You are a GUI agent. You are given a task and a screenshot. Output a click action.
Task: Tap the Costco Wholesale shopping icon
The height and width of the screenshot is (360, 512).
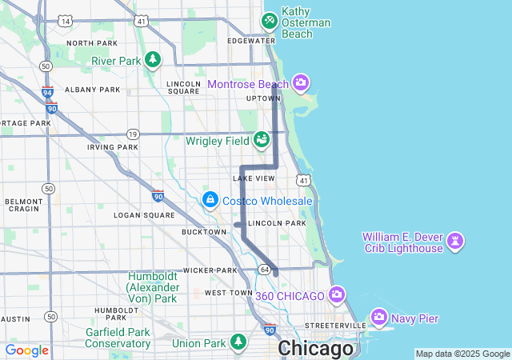coord(210,198)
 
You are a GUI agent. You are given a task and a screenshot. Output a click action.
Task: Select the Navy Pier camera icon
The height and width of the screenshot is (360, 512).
coord(379,318)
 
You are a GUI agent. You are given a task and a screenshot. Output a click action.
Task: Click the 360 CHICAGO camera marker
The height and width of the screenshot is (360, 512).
coord(337,295)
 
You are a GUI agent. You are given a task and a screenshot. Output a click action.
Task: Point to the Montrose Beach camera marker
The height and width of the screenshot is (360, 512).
coord(301,83)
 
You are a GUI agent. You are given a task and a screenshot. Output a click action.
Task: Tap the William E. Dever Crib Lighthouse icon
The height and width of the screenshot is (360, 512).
coord(456,242)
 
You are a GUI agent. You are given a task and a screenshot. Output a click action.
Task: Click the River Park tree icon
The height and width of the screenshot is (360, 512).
coord(153,60)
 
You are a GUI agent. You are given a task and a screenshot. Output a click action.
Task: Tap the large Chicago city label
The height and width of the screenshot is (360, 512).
coord(315,350)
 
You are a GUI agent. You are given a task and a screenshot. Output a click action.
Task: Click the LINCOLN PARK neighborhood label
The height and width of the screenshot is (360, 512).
coord(277,223)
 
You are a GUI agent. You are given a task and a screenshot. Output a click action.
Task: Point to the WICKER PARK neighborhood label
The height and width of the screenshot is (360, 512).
coord(210,270)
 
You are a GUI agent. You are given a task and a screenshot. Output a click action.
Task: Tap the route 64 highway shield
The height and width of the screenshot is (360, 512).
coord(264,270)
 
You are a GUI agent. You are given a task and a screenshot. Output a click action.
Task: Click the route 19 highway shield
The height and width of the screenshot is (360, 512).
coord(133,134)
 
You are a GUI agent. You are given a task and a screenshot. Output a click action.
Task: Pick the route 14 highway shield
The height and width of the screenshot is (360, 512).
coord(64,19)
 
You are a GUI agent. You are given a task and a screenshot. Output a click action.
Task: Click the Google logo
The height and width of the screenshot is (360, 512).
coord(26,350)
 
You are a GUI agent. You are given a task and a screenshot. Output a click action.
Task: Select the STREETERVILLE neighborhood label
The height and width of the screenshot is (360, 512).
coord(334,326)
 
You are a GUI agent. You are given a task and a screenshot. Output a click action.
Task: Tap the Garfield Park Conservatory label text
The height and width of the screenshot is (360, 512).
coord(118,338)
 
